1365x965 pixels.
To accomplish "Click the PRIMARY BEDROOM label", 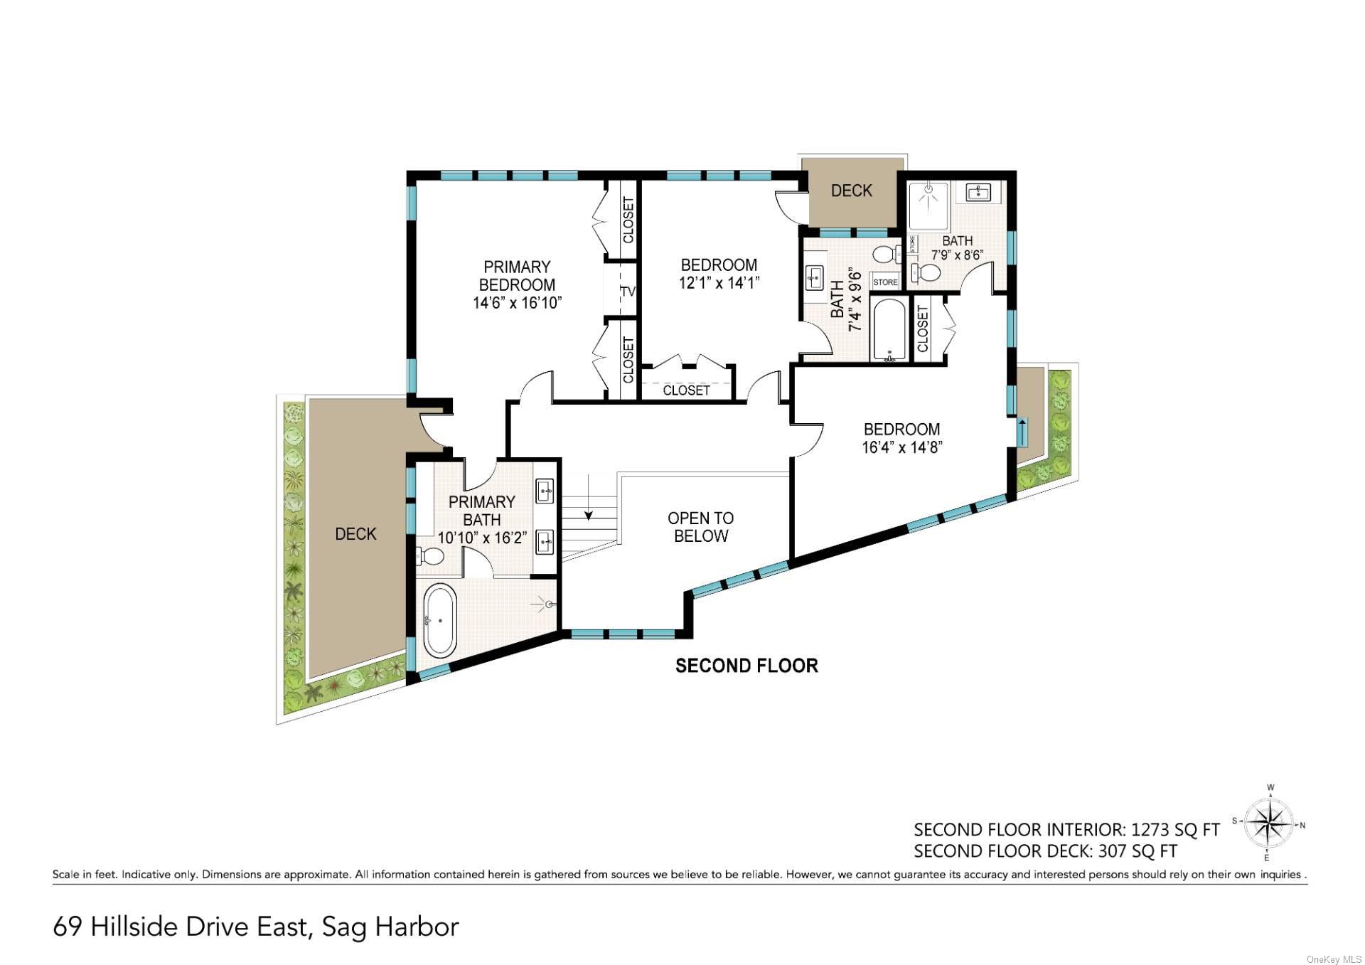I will coord(517,284).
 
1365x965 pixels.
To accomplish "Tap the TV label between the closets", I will coord(628,292).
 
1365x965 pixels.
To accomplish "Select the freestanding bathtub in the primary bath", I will coord(441,622).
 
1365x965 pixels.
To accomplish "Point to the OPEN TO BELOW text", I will coord(700,527).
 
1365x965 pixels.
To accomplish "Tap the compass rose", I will coord(1270,824).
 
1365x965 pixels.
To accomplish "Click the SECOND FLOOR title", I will coord(746,666).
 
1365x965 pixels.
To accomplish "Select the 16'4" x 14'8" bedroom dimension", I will coord(902,448).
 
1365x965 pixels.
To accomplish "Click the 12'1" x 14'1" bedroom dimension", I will coord(719,283).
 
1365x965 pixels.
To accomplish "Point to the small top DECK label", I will coord(851,191).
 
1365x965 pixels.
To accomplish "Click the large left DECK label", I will coord(355,534).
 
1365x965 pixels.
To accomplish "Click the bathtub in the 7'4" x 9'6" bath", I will coord(889,331).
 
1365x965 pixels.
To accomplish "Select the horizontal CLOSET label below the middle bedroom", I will coord(686,390).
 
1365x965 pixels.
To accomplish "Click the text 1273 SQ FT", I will coord(1175,830).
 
